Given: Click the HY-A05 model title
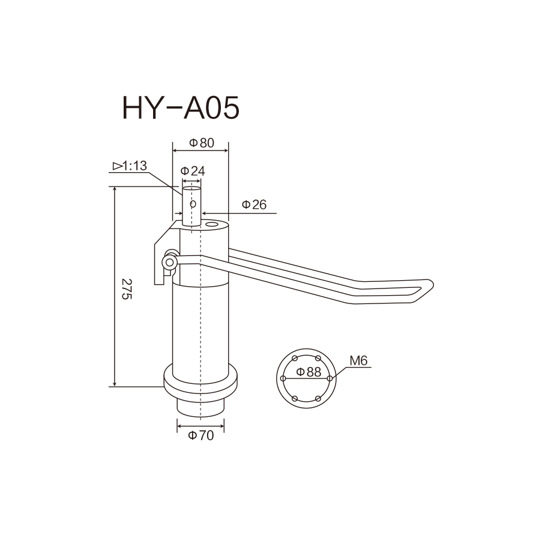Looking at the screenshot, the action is click(181, 108).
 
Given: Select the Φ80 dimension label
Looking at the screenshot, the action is click(202, 143).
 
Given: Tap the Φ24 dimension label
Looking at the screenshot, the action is click(193, 171).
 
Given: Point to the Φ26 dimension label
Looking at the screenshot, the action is click(254, 205).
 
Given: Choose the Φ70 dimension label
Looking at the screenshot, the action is click(201, 435).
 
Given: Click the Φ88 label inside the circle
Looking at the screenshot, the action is click(309, 372).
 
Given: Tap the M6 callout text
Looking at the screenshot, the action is click(358, 361).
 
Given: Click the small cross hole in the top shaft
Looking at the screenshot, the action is click(193, 204).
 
